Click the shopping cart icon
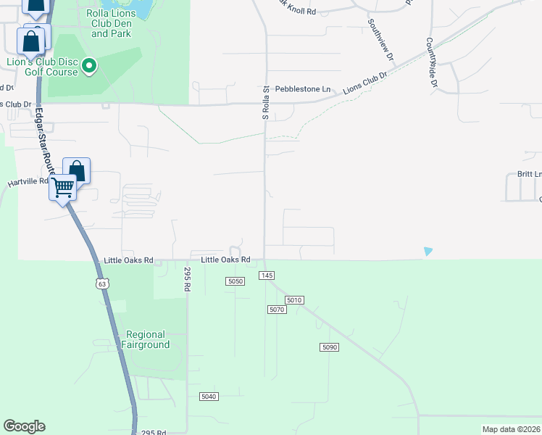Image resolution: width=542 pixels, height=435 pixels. [62, 188]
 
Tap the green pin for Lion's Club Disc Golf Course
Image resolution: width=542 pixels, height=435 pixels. [90, 67]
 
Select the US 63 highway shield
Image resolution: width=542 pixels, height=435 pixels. [102, 283]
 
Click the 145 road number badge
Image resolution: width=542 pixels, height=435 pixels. [266, 275]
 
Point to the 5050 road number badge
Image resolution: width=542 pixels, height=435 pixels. [235, 281]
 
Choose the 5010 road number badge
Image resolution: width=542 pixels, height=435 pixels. [293, 299]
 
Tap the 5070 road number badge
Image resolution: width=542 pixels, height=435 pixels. [277, 310]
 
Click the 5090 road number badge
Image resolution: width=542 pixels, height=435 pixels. [329, 347]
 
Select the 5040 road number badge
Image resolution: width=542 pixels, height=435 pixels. [209, 396]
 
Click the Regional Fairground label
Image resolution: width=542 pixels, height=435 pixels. [148, 339]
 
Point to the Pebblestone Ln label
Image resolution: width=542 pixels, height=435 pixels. [302, 89]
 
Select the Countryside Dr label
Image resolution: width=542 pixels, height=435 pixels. [433, 63]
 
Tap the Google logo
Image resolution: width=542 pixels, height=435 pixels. [24, 426]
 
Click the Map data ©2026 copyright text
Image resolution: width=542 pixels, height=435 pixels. [511, 429]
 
